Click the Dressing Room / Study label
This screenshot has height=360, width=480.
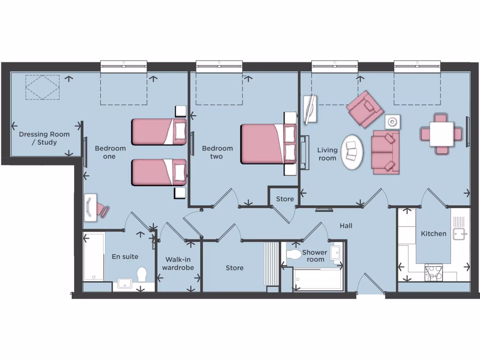point(44,138)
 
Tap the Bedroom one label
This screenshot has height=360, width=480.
point(110,152)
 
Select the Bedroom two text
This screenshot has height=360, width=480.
point(217,152)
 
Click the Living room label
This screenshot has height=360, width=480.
point(327,154)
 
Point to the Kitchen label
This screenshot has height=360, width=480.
point(434,233)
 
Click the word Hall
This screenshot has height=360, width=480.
point(346,226)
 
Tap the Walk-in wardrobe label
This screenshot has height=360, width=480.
point(178,263)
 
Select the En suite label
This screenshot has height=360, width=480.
point(125,256)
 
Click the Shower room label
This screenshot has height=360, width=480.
point(315,256)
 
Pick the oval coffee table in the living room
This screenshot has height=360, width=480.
point(352,153)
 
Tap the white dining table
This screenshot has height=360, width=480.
point(442,134)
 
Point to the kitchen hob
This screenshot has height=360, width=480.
point(434,273)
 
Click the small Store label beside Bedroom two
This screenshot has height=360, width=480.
point(285,199)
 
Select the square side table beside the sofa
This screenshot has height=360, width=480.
point(392,122)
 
